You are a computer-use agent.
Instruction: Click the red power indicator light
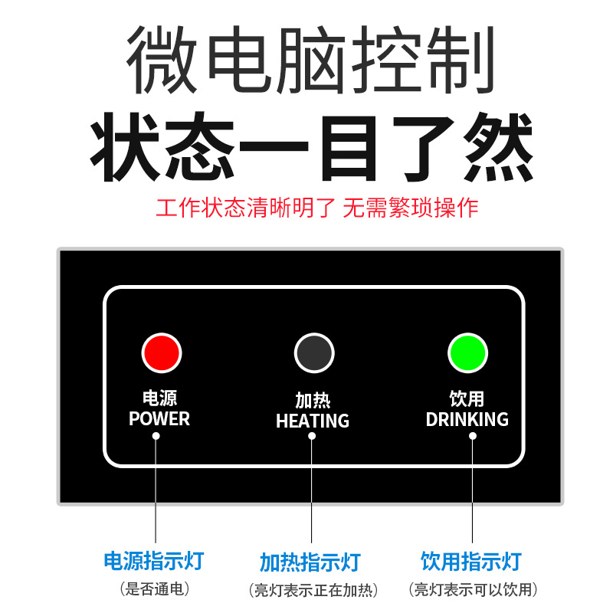pyautogui.click(x=161, y=353)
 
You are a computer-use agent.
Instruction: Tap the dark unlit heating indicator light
pyautogui.click(x=314, y=353)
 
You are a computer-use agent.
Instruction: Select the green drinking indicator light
pyautogui.click(x=467, y=353)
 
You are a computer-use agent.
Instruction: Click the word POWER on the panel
pyautogui.click(x=159, y=419)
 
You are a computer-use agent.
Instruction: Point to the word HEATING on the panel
pyautogui.click(x=313, y=421)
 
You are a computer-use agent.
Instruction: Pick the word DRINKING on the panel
pyautogui.click(x=467, y=419)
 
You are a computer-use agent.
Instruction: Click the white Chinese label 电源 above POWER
pyautogui.click(x=159, y=399)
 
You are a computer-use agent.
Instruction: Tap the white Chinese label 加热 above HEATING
pyautogui.click(x=313, y=401)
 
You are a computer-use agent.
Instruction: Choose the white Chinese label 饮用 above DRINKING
pyautogui.click(x=467, y=399)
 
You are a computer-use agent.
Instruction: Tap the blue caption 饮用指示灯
pyautogui.click(x=471, y=561)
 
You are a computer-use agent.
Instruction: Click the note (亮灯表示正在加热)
pyautogui.click(x=313, y=590)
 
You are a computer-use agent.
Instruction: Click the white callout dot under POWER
pyautogui.click(x=156, y=435)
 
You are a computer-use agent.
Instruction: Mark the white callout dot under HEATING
pyautogui.click(x=312, y=436)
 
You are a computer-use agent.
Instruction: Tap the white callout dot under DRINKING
pyautogui.click(x=473, y=435)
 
